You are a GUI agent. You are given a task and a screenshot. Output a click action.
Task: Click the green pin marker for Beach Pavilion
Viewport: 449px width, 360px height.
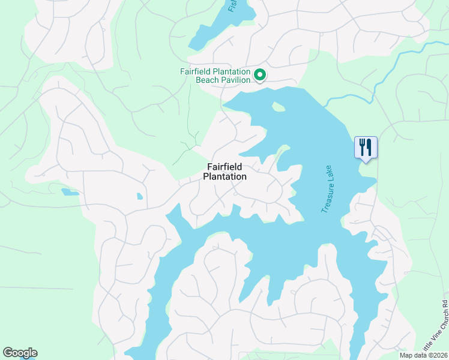click(x=260, y=76)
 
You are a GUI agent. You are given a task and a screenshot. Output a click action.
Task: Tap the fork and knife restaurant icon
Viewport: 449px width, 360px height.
click(x=366, y=147)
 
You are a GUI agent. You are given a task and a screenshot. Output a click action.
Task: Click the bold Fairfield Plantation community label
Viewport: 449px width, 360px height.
click(x=224, y=172)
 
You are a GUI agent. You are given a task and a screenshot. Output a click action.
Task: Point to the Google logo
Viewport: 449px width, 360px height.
click(x=20, y=353)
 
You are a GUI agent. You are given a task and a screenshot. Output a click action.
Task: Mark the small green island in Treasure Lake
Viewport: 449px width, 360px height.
click(x=278, y=107)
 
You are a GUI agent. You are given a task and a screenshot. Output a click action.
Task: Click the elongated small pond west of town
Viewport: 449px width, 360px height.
click(x=70, y=193)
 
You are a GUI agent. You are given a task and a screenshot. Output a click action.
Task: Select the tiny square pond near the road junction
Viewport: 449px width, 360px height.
click(x=140, y=196)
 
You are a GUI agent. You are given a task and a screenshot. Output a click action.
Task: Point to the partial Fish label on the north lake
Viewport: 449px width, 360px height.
click(x=233, y=6)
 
